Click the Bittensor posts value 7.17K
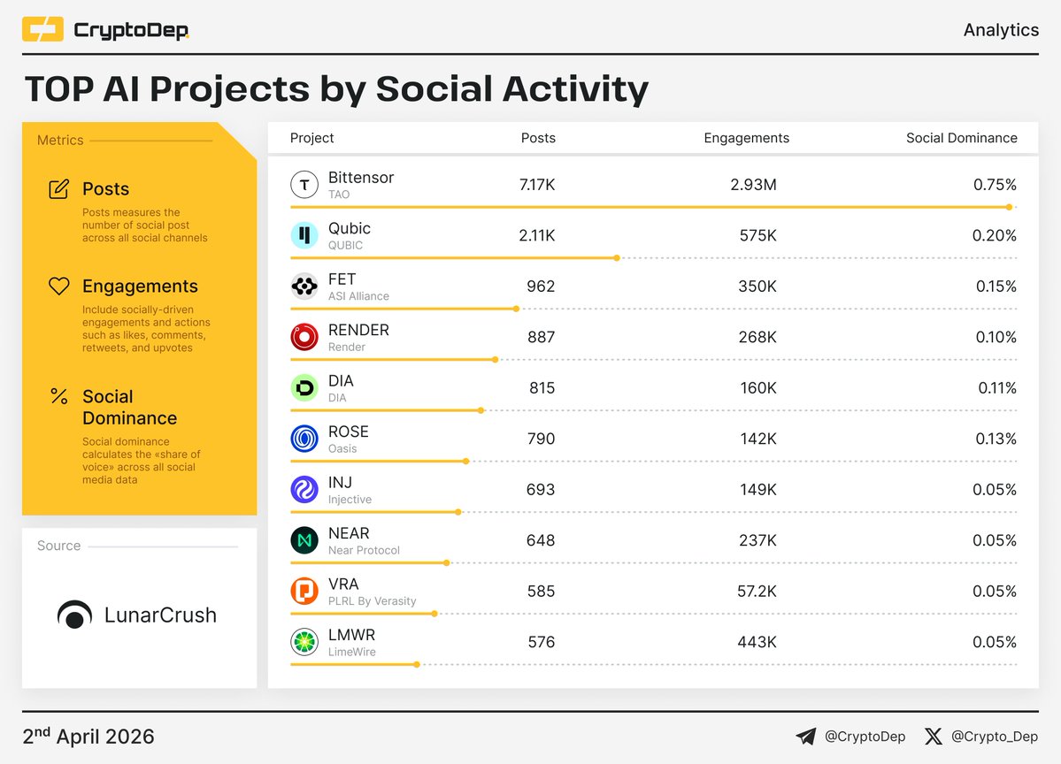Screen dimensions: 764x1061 coord(537,185)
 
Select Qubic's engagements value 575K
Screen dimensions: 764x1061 coord(757,236)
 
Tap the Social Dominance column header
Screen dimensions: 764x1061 coord(961,138)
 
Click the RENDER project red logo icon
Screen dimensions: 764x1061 coord(304,337)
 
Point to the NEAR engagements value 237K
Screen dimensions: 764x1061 coord(757,540)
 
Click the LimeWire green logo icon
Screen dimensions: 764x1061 coord(304,642)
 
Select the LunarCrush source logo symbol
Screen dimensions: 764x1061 coord(74,615)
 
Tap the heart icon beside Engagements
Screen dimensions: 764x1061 coord(59,286)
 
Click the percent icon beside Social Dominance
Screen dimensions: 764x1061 coord(59,396)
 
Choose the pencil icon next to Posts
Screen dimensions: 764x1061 coord(59,188)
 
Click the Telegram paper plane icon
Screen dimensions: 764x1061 coord(805,736)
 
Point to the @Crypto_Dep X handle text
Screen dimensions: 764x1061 coord(994,736)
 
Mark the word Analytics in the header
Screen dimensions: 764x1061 coord(1001,30)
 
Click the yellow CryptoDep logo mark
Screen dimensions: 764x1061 coord(42,30)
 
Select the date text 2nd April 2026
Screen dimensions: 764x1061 coord(88,736)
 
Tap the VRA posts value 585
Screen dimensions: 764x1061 coord(541,591)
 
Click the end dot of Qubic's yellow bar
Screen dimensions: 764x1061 coord(617,258)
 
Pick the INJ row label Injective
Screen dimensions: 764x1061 coord(350,500)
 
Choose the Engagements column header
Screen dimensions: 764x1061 coord(746,138)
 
